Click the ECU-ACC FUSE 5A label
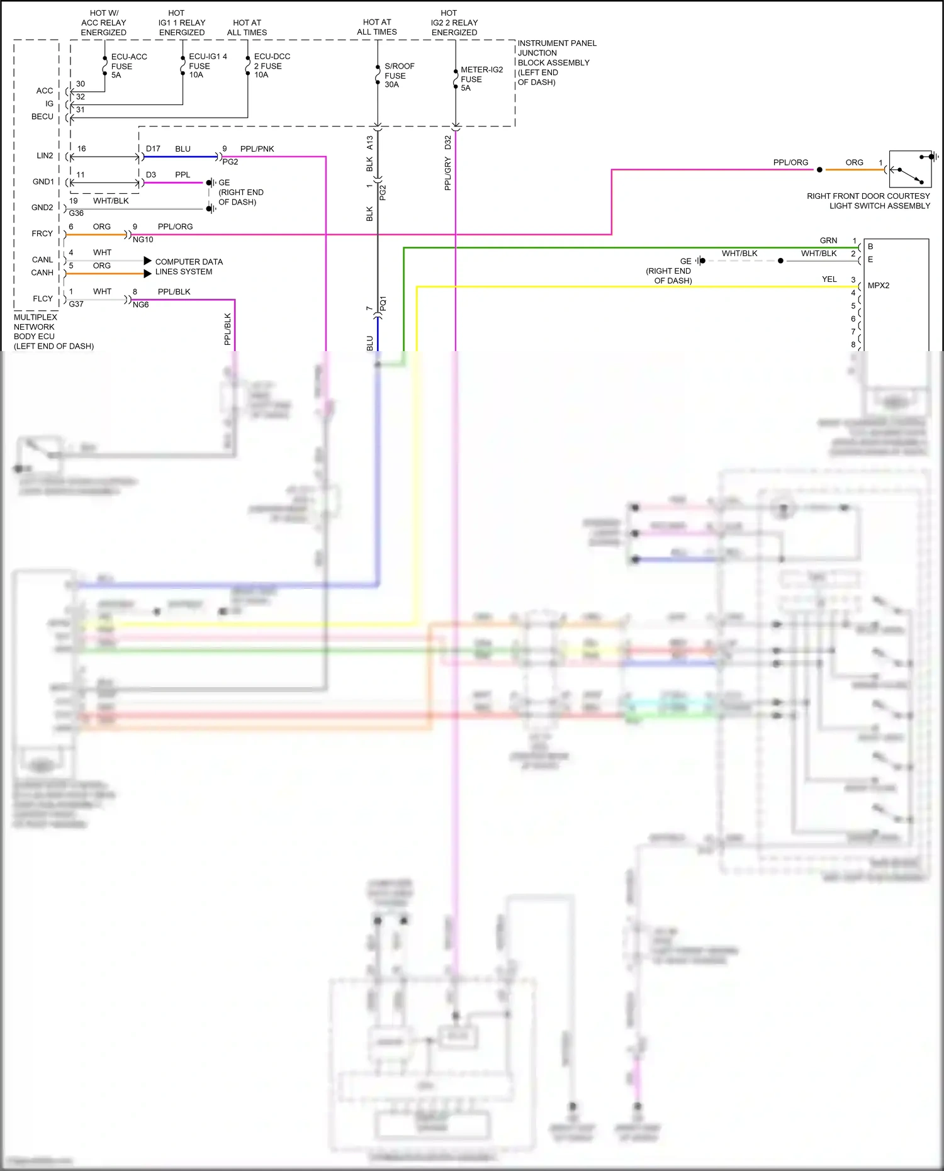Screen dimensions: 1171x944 click(x=128, y=66)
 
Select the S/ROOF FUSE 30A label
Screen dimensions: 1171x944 click(x=399, y=75)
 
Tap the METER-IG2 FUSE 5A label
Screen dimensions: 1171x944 click(x=481, y=79)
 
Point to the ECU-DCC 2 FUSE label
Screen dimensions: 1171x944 click(x=271, y=65)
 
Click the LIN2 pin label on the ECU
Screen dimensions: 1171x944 click(x=45, y=155)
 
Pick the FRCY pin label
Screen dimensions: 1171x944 click(x=42, y=233)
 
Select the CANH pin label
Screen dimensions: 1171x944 click(x=42, y=272)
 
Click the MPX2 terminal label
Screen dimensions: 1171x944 click(x=878, y=286)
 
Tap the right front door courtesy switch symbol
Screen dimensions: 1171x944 click(x=909, y=169)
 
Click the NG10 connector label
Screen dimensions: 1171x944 click(x=143, y=240)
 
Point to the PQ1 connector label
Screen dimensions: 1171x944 click(x=383, y=303)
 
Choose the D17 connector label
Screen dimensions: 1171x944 click(x=153, y=149)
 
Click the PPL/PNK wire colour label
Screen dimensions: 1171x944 click(x=257, y=149)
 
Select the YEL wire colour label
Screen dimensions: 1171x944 click(x=829, y=279)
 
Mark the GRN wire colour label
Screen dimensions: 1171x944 click(x=828, y=240)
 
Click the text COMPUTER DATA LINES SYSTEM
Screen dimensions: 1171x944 click(x=188, y=267)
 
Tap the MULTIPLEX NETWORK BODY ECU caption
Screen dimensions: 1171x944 click(x=53, y=332)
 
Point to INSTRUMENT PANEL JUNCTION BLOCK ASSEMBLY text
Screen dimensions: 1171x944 click(x=556, y=62)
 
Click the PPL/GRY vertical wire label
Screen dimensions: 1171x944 click(x=447, y=174)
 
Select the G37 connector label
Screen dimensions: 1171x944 click(x=76, y=304)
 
